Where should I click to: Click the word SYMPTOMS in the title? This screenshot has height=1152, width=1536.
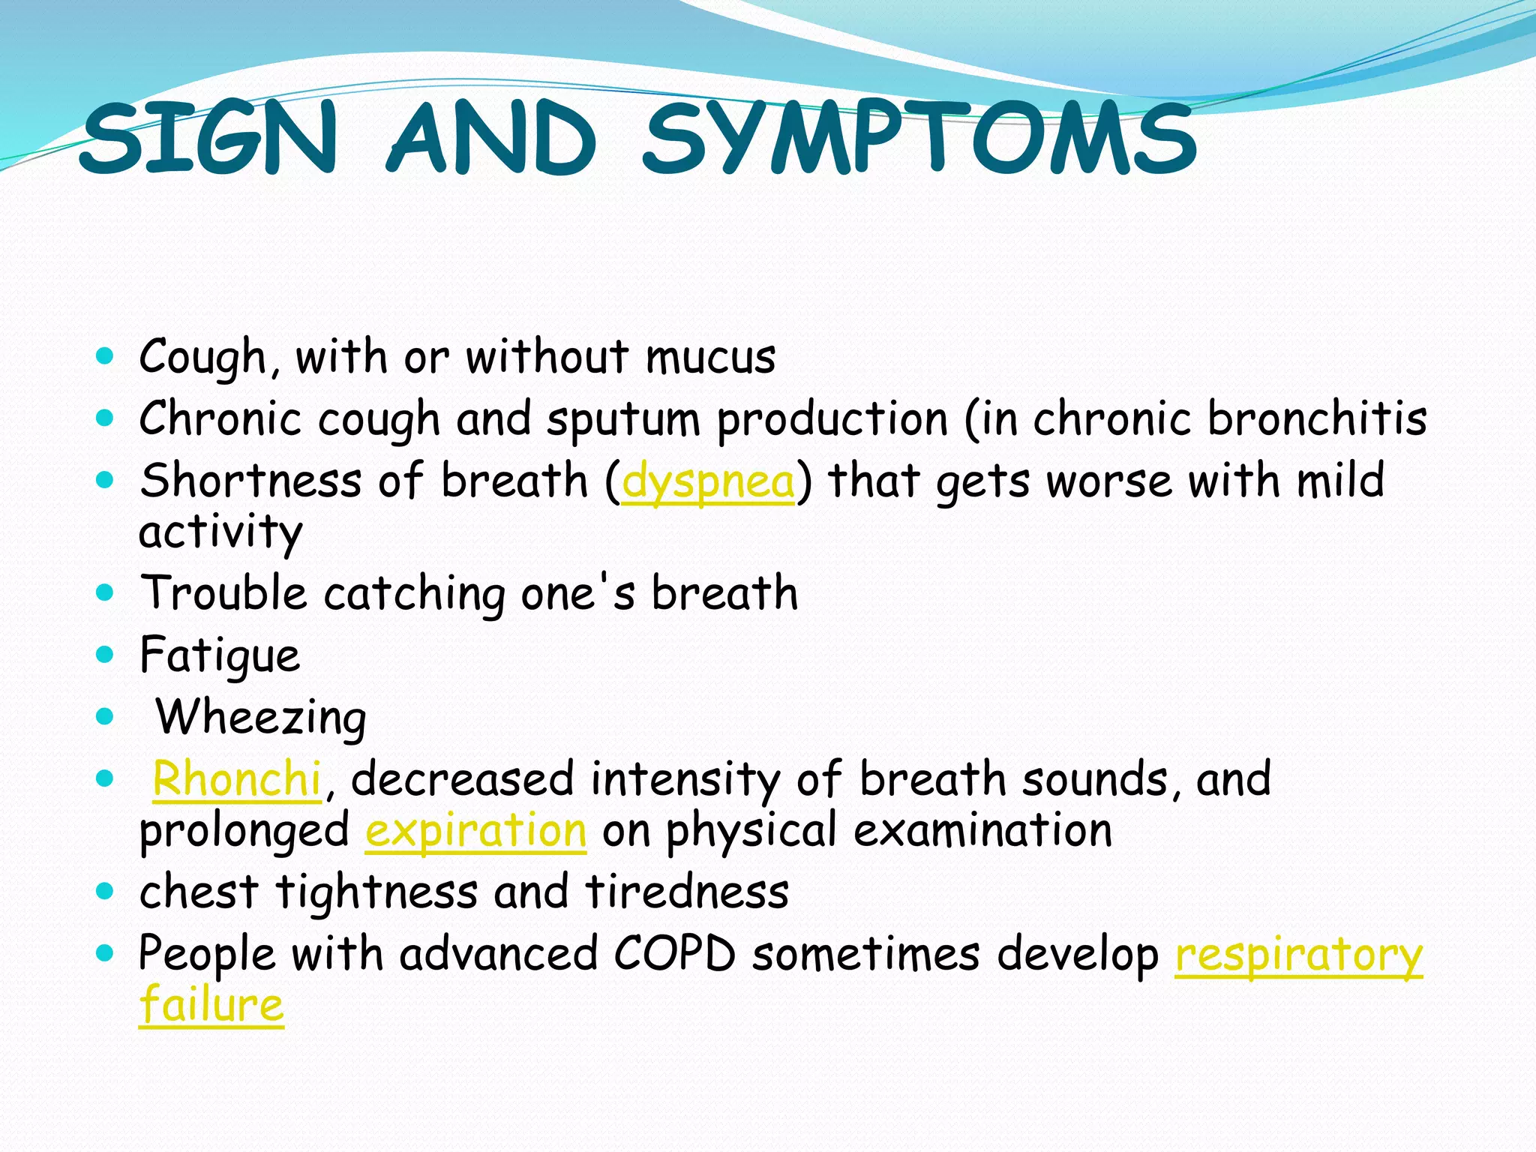pyautogui.click(x=919, y=139)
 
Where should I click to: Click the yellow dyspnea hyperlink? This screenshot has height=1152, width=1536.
pyautogui.click(x=708, y=481)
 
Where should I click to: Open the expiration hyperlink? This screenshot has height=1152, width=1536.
pyautogui.click(x=475, y=831)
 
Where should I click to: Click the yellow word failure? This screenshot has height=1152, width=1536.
pyautogui.click(x=211, y=1004)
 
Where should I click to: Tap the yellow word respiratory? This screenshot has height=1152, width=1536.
pyautogui.click(x=1298, y=955)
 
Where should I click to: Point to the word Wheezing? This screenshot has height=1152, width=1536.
pyautogui.click(x=261, y=717)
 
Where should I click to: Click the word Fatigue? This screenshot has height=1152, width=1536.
pyautogui.click(x=220, y=655)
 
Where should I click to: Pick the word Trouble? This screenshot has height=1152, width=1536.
pyautogui.click(x=223, y=592)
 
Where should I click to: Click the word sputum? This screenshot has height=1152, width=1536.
pyautogui.click(x=623, y=419)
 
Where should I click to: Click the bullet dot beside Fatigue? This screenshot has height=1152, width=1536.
pyautogui.click(x=105, y=654)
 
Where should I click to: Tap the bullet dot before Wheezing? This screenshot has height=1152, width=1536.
pyautogui.click(x=105, y=717)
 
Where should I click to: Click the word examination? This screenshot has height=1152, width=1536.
pyautogui.click(x=982, y=831)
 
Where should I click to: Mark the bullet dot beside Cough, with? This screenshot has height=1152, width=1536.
pyautogui.click(x=105, y=355)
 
